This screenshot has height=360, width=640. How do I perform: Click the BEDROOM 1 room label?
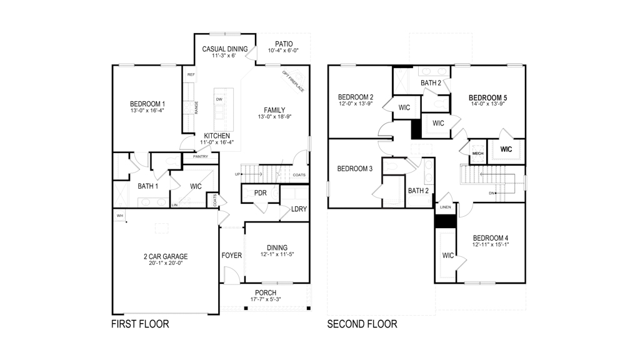point(147,104)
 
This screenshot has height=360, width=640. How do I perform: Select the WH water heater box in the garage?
point(119,216)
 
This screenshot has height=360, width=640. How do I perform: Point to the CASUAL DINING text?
point(225,49)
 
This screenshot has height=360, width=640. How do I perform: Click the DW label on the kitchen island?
point(219,99)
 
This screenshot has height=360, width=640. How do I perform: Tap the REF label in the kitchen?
point(191,75)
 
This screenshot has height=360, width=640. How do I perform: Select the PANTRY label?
point(200,156)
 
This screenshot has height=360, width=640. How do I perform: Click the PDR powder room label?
point(261,193)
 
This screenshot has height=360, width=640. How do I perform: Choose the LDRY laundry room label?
point(299,209)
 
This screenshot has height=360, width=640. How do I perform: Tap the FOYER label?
point(231,256)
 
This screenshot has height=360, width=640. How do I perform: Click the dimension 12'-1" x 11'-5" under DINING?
point(277,254)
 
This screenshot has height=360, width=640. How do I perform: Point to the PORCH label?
point(266,293)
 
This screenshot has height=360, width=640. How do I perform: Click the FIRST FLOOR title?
point(140,324)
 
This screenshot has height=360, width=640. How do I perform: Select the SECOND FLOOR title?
point(362,324)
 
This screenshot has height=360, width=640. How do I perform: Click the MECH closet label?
point(477,153)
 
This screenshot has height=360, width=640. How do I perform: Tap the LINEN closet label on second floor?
point(445,207)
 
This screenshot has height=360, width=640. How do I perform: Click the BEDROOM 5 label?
point(488,97)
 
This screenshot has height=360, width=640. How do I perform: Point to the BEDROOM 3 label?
point(355,169)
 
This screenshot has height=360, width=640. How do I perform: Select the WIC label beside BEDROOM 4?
point(448,256)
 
